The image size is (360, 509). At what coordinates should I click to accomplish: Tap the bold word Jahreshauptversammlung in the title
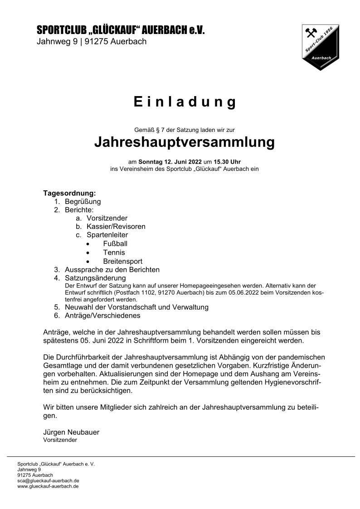pos(185,142)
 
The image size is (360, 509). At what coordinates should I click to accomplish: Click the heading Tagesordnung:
pos(69,193)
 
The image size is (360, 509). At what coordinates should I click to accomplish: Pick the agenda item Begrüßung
pos(83,201)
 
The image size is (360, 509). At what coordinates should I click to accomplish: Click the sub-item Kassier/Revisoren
pos(116,227)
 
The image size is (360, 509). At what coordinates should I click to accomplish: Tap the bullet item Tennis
pos(114,252)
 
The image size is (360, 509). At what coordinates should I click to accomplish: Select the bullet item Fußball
pos(115,244)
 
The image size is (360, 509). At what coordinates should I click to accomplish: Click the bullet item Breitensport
pos(122,261)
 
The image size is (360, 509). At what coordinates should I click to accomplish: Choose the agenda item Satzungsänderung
pos(95,278)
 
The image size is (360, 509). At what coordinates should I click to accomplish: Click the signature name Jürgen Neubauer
pos(71,432)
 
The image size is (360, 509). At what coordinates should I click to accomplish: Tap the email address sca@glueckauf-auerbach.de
pos(49,480)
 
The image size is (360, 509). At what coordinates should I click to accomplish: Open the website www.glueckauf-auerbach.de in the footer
pos(48,486)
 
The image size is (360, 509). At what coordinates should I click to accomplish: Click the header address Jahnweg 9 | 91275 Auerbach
pos(92,42)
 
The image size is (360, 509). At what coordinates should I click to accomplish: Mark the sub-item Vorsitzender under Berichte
pos(107,218)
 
